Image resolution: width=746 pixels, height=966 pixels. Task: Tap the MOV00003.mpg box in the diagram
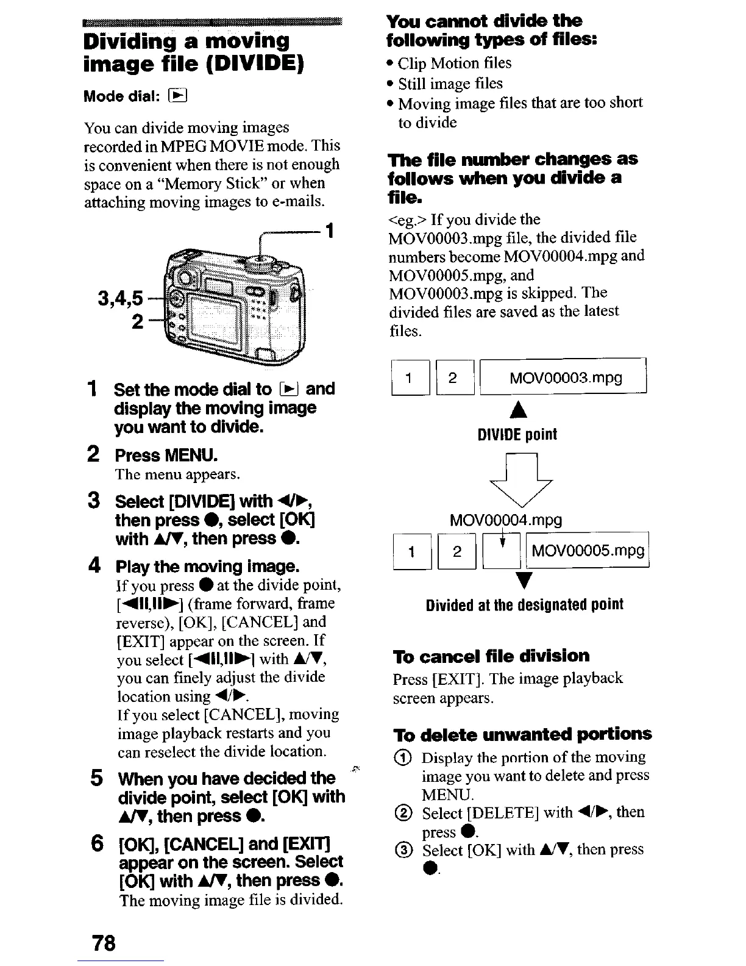coord(563,378)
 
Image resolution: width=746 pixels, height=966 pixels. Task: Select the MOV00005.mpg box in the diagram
coord(588,551)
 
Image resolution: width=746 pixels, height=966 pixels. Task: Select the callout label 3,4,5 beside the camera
coord(121,298)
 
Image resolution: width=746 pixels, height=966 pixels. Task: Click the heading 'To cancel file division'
coord(491,656)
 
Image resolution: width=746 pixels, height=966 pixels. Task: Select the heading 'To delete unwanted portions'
coord(522,734)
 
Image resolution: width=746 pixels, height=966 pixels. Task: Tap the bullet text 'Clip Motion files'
coord(454,63)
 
